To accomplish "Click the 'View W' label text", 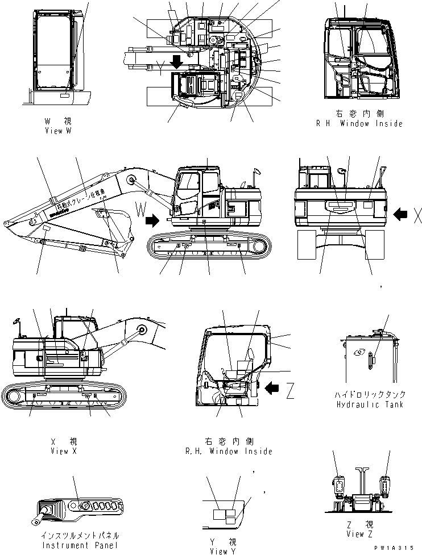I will [x=58, y=131].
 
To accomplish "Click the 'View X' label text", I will [x=63, y=451].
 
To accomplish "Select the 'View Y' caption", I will [x=219, y=551].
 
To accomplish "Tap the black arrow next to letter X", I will [x=400, y=214].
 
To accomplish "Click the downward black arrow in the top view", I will [x=177, y=61].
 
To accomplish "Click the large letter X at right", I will [x=417, y=214].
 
